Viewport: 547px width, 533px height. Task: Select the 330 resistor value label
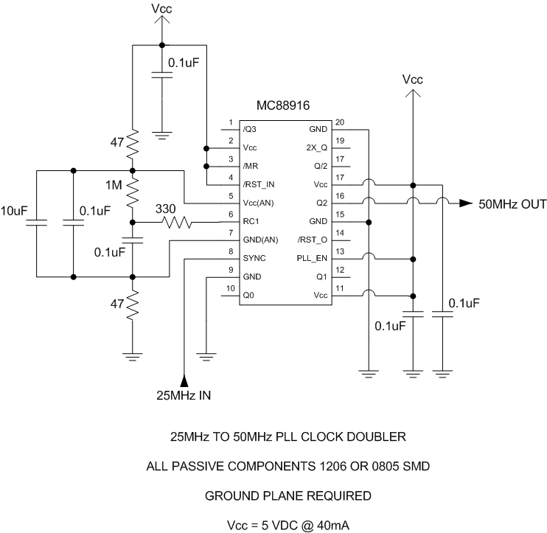tap(165, 209)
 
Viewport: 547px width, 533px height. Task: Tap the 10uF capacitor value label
tap(14, 211)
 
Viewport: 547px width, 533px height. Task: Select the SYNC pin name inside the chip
tap(255, 259)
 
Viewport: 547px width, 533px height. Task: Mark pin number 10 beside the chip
tap(230, 288)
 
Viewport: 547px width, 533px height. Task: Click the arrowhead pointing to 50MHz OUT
tap(466, 203)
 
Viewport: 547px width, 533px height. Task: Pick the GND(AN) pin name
tap(259, 240)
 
